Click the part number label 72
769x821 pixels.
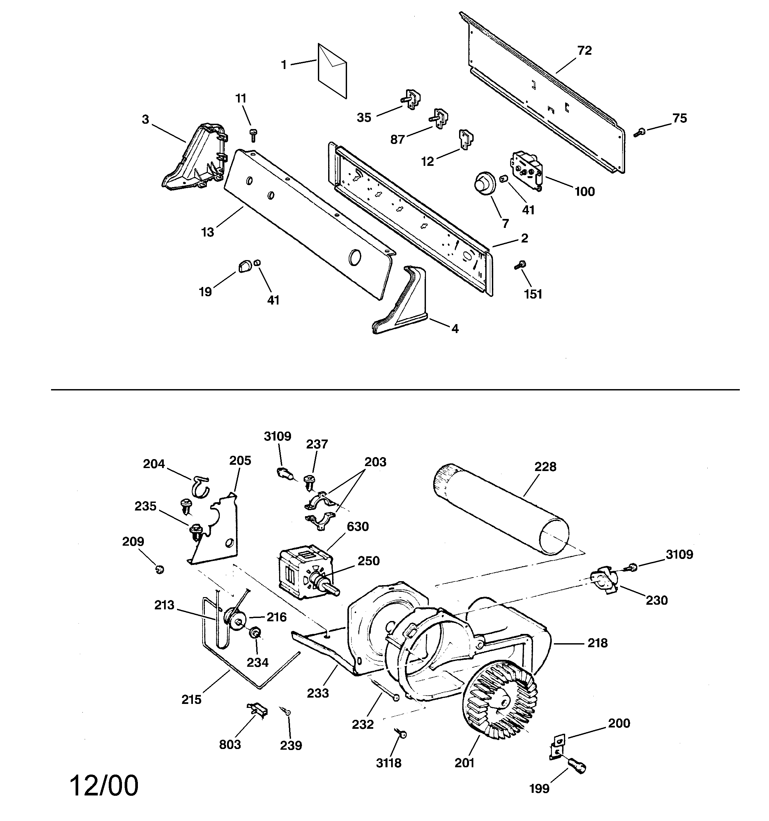[x=584, y=51]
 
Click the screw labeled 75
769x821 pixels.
[x=639, y=133]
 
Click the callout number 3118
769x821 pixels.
[x=388, y=763]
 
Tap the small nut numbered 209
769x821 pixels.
[x=159, y=570]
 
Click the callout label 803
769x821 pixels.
[x=230, y=745]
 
